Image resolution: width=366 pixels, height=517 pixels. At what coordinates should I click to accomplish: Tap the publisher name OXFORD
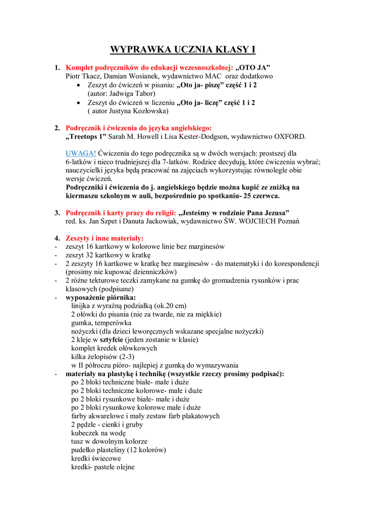pos(290,136)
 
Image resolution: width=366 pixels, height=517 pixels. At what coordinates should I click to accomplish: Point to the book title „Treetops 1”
pos(86,136)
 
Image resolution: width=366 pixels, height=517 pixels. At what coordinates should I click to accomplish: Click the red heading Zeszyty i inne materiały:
pos(104,238)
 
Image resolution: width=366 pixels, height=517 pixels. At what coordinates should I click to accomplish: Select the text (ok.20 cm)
pos(169,305)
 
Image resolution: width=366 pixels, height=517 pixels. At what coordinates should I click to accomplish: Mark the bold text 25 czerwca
pos(256,196)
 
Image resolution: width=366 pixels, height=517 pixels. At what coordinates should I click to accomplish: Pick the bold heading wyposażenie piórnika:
pos(100,297)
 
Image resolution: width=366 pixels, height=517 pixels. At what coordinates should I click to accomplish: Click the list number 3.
pos(57,213)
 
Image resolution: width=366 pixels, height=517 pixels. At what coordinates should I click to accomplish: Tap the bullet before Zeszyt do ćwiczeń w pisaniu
pos(79,85)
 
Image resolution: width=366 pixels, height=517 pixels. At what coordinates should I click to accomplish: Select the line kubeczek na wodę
pos(98,433)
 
